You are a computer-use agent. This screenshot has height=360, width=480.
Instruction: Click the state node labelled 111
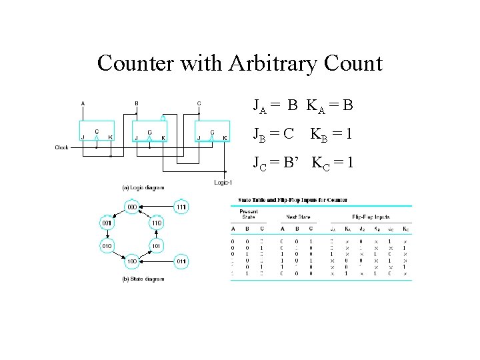point(181,207)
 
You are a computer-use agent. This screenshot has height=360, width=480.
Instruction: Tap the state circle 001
point(107,223)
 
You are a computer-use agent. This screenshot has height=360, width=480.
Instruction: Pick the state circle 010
point(107,246)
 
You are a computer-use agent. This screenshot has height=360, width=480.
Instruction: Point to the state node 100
point(132,261)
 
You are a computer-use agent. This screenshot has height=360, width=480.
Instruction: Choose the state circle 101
point(156,246)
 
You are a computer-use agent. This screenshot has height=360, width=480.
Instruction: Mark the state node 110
point(156,223)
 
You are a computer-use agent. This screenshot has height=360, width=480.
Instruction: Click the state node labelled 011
point(181,261)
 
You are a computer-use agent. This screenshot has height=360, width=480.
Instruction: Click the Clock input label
point(61,147)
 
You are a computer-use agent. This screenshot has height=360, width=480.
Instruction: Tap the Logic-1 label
point(223,183)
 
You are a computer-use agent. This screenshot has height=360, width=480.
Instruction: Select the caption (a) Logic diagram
point(143,187)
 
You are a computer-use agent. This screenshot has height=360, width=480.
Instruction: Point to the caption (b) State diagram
point(143,279)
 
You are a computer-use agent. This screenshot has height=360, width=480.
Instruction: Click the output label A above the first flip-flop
point(83,103)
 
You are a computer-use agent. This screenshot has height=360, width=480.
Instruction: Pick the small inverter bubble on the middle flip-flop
point(162,119)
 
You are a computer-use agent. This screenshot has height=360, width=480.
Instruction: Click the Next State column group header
point(297,217)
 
